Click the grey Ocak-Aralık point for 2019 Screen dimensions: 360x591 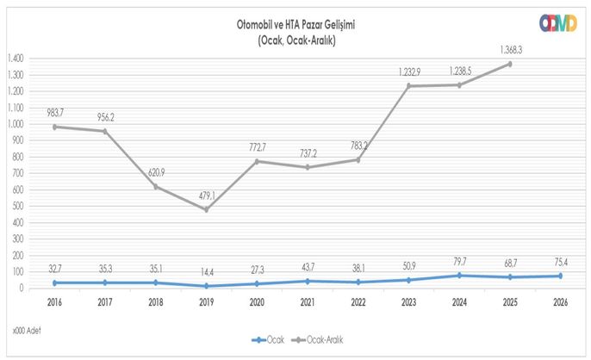click(x=206, y=209)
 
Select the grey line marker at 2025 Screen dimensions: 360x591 click(x=510, y=64)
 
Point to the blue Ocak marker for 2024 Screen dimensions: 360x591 click(x=459, y=275)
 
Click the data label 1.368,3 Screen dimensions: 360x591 click(x=510, y=50)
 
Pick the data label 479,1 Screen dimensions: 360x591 click(x=206, y=195)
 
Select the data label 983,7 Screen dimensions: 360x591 click(x=56, y=112)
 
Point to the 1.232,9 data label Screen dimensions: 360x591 click(x=408, y=71)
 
